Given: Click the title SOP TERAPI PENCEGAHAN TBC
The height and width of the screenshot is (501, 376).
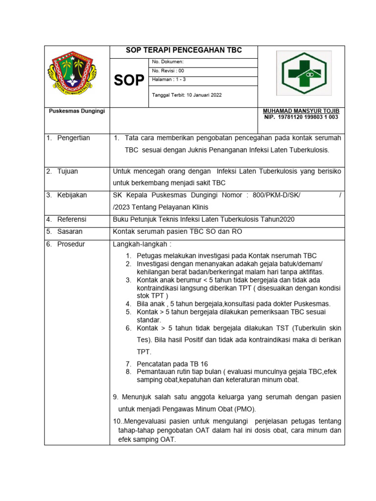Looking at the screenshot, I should pos(184,51).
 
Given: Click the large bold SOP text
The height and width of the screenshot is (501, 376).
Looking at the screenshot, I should pos(129,81).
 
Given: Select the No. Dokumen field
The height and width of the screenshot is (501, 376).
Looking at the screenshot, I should pos(168,62).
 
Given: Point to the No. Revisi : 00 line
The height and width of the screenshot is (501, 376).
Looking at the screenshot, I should pos(168,71).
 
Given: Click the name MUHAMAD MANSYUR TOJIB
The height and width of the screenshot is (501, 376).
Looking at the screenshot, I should pos(301,111).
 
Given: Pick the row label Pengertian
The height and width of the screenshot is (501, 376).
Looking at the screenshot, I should pos(73,138).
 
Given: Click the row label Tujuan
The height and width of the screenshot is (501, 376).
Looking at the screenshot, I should pos(68,171).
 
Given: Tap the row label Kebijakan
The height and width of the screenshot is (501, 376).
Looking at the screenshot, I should pos(72,195).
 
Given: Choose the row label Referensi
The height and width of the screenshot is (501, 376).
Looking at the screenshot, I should pos(71,219).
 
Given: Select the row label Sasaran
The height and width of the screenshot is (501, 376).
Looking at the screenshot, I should pos(70,231).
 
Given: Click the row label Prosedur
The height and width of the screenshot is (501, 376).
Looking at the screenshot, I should pos(70,244).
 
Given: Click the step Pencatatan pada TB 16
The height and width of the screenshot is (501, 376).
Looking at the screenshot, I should pos(172,364).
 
